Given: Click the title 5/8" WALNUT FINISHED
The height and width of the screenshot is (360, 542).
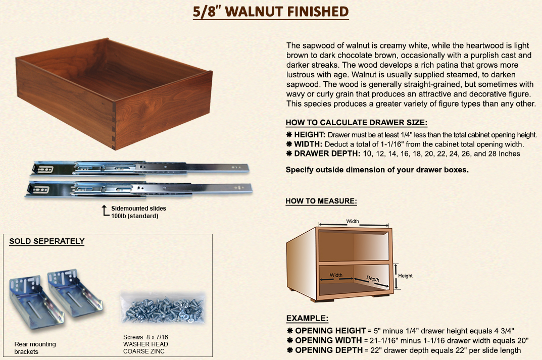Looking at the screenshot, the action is pyautogui.click(x=271, y=12).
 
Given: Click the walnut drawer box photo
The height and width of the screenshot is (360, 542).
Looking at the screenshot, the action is pyautogui.click(x=114, y=94).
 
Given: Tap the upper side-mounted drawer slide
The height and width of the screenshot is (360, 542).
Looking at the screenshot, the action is pyautogui.click(x=140, y=169).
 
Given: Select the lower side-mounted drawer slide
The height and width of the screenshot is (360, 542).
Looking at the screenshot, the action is pyautogui.click(x=139, y=189).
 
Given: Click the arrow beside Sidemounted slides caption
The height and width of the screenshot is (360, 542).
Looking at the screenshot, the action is pyautogui.click(x=105, y=211).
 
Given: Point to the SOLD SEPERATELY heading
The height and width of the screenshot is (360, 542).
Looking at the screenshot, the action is pyautogui.click(x=47, y=241).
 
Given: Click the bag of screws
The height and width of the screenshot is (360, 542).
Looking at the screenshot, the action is pyautogui.click(x=163, y=308).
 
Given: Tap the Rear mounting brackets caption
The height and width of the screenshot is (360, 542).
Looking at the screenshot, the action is pyautogui.click(x=35, y=348).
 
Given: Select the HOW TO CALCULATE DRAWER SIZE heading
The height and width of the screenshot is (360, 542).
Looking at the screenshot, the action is pyautogui.click(x=357, y=123).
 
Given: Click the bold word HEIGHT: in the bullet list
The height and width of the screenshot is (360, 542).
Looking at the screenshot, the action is pyautogui.click(x=310, y=135).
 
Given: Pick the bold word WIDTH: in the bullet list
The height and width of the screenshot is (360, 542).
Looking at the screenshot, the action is pyautogui.click(x=308, y=144).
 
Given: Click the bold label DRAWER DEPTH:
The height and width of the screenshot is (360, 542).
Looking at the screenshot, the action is pyautogui.click(x=327, y=153).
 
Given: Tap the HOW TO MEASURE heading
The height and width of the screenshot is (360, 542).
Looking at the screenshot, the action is pyautogui.click(x=321, y=201).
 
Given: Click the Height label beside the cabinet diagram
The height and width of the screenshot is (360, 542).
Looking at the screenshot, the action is pyautogui.click(x=405, y=276).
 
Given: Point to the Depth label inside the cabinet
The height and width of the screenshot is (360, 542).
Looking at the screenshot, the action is pyautogui.click(x=373, y=279).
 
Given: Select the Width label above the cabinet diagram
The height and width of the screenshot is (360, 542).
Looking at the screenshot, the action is pyautogui.click(x=353, y=221).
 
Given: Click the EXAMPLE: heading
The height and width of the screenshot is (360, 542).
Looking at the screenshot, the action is pyautogui.click(x=307, y=318).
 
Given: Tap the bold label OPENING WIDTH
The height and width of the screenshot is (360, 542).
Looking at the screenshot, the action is pyautogui.click(x=328, y=340).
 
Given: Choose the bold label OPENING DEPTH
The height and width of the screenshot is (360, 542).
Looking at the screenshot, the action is pyautogui.click(x=329, y=350).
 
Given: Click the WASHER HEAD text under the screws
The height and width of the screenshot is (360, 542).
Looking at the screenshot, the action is pyautogui.click(x=145, y=344).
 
